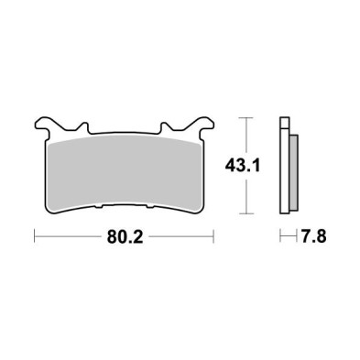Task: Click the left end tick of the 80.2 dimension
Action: point(35,237)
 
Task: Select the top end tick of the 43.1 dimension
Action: point(243,117)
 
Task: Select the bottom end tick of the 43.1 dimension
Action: point(243,214)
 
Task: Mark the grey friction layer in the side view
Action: point(294,174)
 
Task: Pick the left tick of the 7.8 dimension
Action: point(282,237)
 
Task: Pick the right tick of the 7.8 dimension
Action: point(298,237)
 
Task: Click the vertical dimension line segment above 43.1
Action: point(243,137)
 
